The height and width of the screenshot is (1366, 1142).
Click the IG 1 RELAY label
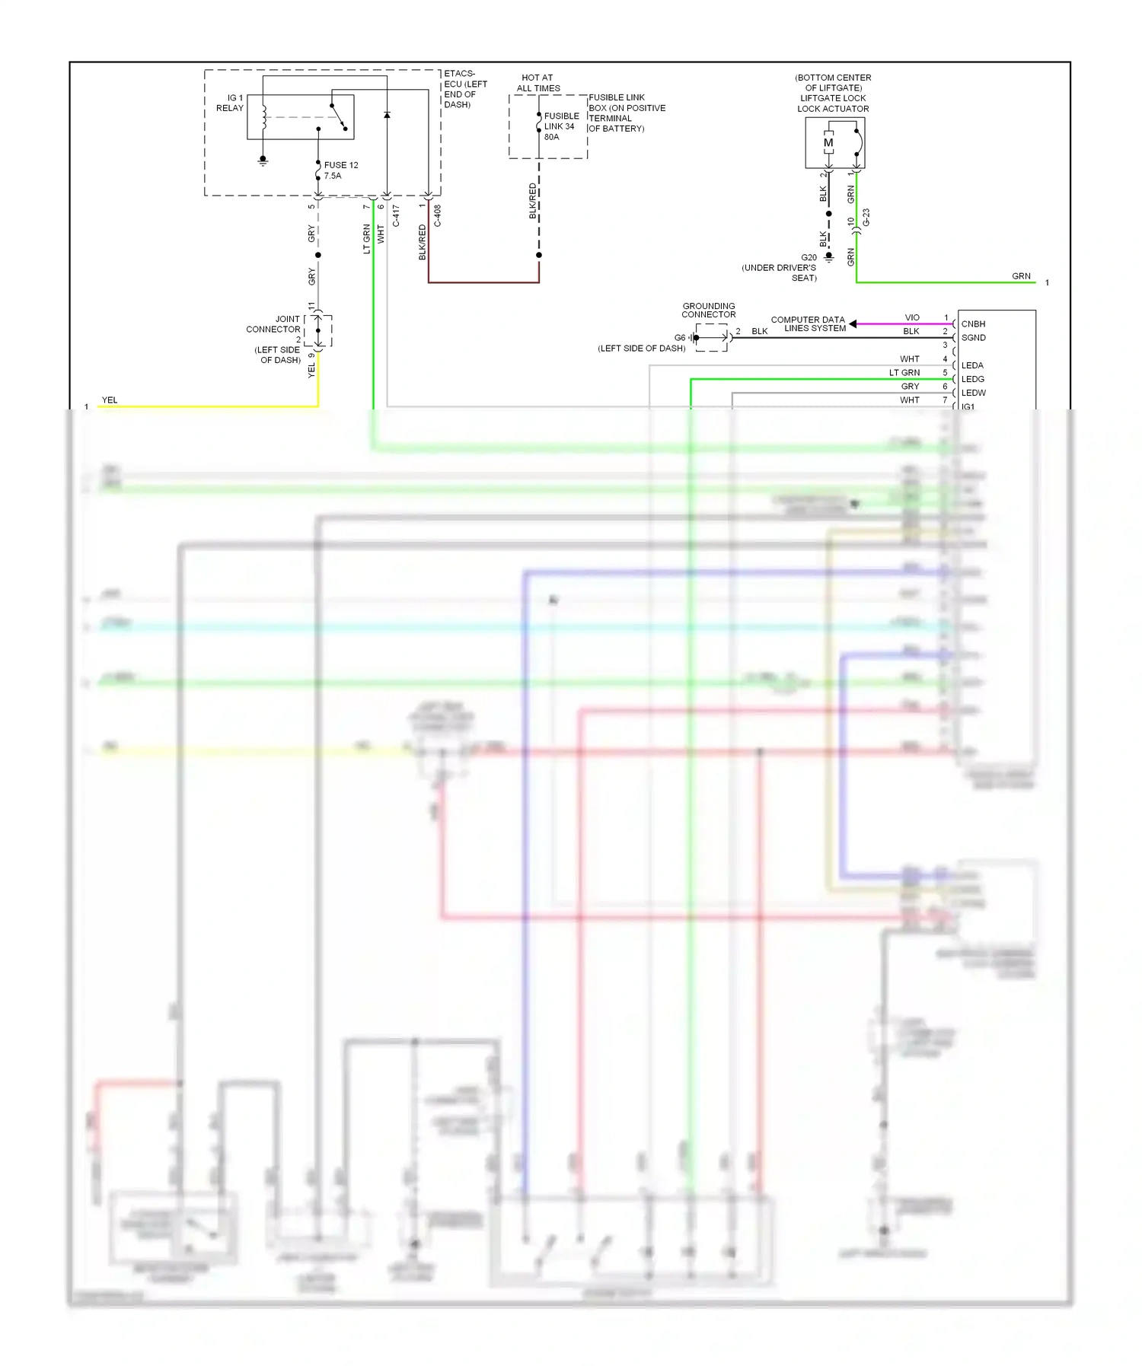(230, 103)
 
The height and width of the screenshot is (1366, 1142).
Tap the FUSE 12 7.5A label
(340, 170)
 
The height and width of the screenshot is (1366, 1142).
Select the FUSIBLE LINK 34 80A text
(560, 126)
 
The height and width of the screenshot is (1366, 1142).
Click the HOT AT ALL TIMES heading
(538, 83)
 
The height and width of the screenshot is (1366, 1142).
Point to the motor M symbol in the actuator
(828, 143)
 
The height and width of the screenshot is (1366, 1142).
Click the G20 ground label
(809, 258)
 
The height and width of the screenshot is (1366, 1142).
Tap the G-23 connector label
(866, 218)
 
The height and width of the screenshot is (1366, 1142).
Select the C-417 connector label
(396, 215)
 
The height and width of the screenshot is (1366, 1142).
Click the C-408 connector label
(438, 215)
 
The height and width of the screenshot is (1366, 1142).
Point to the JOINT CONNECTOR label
(274, 324)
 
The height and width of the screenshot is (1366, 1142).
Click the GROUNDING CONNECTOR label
(709, 310)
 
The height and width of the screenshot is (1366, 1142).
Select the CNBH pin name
(973, 324)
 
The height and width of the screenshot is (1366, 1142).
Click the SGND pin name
(973, 338)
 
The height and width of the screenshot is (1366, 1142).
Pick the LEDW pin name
(973, 393)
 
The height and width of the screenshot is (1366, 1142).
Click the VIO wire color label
(912, 318)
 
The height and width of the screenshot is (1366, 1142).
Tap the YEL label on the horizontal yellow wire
(110, 400)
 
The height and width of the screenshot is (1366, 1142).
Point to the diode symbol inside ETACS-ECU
(387, 116)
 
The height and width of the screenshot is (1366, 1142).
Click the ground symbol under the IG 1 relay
(263, 161)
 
